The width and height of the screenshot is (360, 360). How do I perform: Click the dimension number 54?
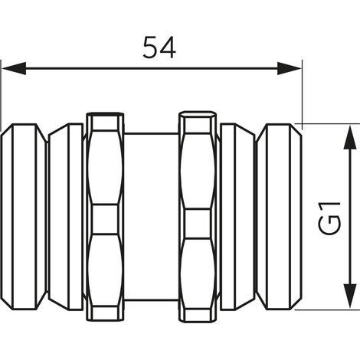[159, 47]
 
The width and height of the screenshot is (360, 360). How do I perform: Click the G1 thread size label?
[329, 218]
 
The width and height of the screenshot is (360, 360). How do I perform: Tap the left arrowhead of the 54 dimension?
[14, 68]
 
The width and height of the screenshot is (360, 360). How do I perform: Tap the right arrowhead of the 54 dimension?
[290, 68]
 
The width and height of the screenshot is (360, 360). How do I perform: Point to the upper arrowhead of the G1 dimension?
[350, 137]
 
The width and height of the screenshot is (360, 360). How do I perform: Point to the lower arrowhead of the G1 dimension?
[350, 296]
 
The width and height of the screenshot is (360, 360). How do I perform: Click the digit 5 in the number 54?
[150, 47]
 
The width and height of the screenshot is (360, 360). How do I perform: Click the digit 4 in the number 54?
[168, 47]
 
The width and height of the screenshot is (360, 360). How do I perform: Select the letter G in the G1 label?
[329, 225]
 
